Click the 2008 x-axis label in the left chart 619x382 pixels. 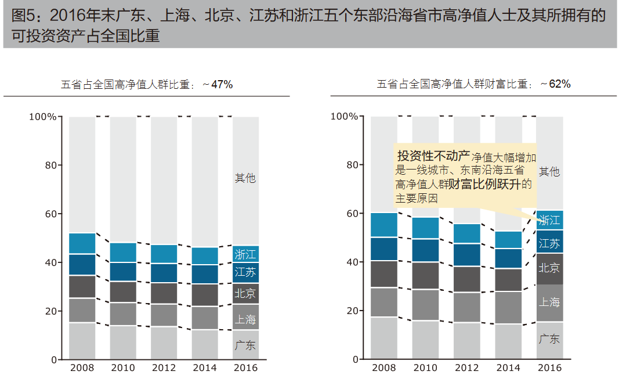point(82,368)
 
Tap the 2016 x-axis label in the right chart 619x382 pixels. point(549,368)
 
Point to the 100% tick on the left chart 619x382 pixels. point(43,117)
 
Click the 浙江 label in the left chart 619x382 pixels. point(245,254)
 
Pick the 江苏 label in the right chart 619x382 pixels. point(549,243)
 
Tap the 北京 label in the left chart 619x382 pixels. point(245,294)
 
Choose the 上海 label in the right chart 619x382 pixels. point(549,302)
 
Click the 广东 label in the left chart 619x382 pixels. point(245,345)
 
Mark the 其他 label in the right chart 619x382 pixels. point(549,171)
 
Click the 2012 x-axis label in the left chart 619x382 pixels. point(164,368)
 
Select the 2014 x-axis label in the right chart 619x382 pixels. point(508,368)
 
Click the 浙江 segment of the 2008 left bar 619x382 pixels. point(82,244)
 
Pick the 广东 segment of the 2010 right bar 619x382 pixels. point(425,340)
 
